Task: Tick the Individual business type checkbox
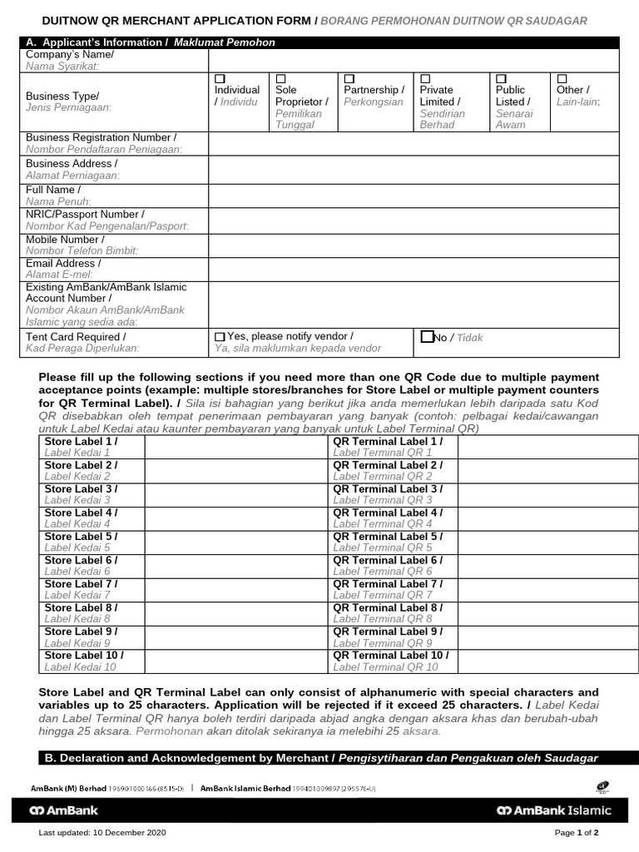pos(220,78)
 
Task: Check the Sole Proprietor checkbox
pos(280,78)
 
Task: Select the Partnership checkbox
pos(349,78)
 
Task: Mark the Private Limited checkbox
pos(425,78)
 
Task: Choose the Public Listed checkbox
pos(501,78)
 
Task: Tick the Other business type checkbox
pos(562,78)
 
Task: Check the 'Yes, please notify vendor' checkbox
pos(220,337)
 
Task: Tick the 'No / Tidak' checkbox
pos(427,337)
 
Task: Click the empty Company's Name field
pos(413,60)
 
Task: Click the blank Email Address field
pos(413,269)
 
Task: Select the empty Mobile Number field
pos(413,245)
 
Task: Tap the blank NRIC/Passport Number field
pos(413,220)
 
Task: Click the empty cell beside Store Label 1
pos(236,447)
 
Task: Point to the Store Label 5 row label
pos(82,542)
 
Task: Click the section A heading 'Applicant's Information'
pos(150,42)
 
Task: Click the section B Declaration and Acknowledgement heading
pos(319,758)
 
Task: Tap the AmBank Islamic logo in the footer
pos(553,810)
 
